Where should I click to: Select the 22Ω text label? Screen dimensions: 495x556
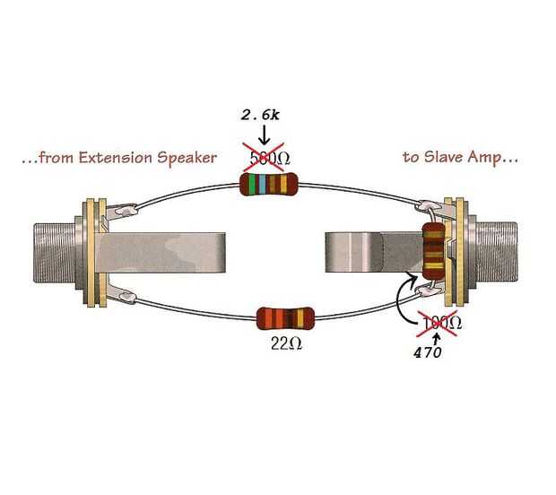click(x=285, y=342)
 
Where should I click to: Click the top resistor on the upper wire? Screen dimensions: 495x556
click(x=268, y=185)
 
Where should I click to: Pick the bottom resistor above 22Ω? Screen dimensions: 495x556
click(x=285, y=317)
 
